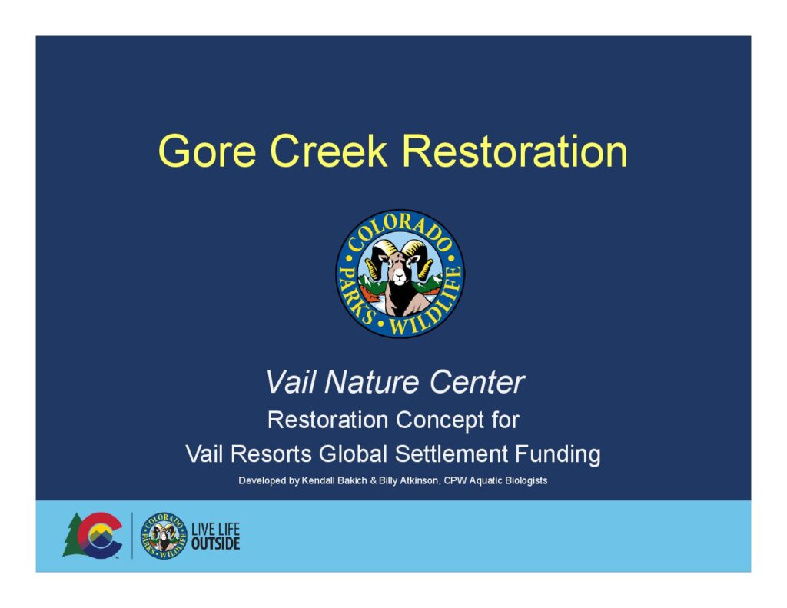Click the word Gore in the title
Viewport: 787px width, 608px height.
(208, 151)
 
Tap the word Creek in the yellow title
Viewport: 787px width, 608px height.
(329, 151)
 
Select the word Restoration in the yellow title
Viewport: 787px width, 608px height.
(514, 151)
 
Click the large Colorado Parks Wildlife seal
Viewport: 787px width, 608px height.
(400, 274)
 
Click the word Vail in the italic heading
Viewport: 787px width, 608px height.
(291, 382)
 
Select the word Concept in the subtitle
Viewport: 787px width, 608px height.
(440, 420)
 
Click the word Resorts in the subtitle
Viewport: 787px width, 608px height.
(271, 454)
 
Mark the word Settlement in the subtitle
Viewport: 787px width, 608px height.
(451, 454)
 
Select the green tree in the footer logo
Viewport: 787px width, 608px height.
(74, 535)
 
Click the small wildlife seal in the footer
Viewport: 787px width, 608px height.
(164, 536)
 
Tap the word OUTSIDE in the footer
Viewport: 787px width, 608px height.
(216, 543)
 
